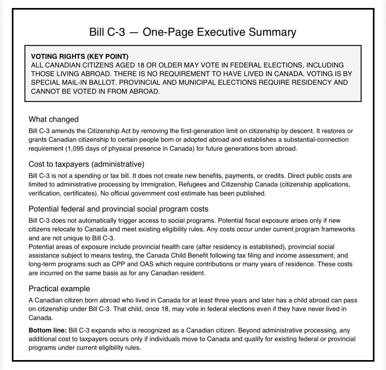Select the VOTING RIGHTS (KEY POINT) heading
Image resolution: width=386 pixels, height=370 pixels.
click(x=80, y=56)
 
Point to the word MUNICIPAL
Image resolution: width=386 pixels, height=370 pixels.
click(x=198, y=82)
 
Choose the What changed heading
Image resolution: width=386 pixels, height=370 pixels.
click(x=53, y=119)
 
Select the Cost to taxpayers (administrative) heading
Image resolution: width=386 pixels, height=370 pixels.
click(x=86, y=164)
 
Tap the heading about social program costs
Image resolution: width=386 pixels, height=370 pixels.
click(x=118, y=209)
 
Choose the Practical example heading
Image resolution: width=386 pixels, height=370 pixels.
click(x=59, y=289)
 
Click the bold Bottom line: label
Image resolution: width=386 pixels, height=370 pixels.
click(x=48, y=330)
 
